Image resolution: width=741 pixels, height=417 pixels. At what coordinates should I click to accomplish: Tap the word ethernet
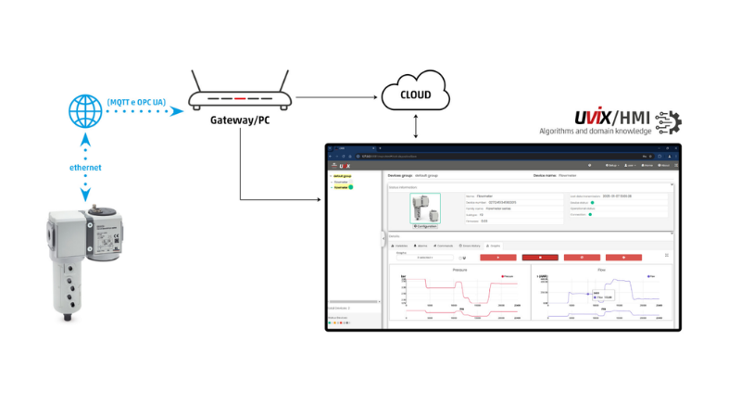tap(84, 169)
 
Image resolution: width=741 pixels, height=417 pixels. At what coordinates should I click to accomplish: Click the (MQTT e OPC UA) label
tap(136, 100)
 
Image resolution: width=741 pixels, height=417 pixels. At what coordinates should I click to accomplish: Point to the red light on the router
tap(240, 97)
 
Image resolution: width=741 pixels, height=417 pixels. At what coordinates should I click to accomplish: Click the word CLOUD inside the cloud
tap(415, 94)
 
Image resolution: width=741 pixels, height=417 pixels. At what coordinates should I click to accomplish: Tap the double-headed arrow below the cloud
tap(415, 124)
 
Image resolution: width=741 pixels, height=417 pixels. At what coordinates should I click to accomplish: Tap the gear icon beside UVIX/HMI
tap(669, 122)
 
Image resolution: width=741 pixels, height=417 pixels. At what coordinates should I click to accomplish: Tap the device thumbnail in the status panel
tap(426, 208)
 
